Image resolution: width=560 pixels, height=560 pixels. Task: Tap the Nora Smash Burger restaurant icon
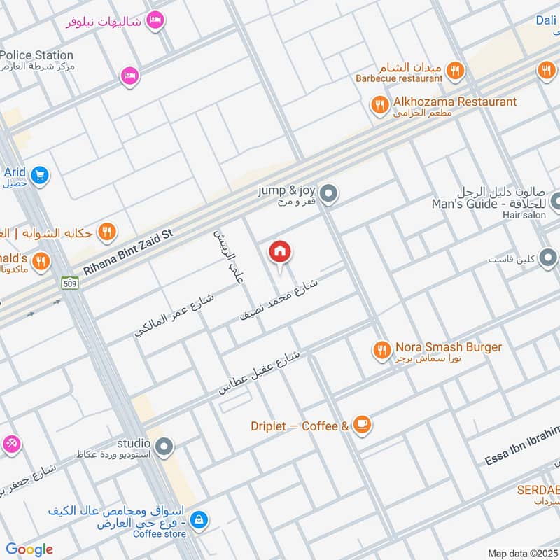(x=381, y=349)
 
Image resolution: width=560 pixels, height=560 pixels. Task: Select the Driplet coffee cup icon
(x=361, y=425)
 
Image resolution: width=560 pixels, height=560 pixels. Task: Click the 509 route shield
(x=69, y=283)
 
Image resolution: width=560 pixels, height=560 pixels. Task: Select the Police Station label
(x=37, y=55)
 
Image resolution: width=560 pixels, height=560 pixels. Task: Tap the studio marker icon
(x=164, y=446)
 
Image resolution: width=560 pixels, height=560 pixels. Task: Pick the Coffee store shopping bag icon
(x=199, y=519)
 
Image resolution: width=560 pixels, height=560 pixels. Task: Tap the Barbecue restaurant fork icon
(x=455, y=69)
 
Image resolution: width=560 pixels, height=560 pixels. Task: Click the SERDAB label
(x=538, y=489)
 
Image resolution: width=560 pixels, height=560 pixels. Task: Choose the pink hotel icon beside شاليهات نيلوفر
(x=157, y=20)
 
